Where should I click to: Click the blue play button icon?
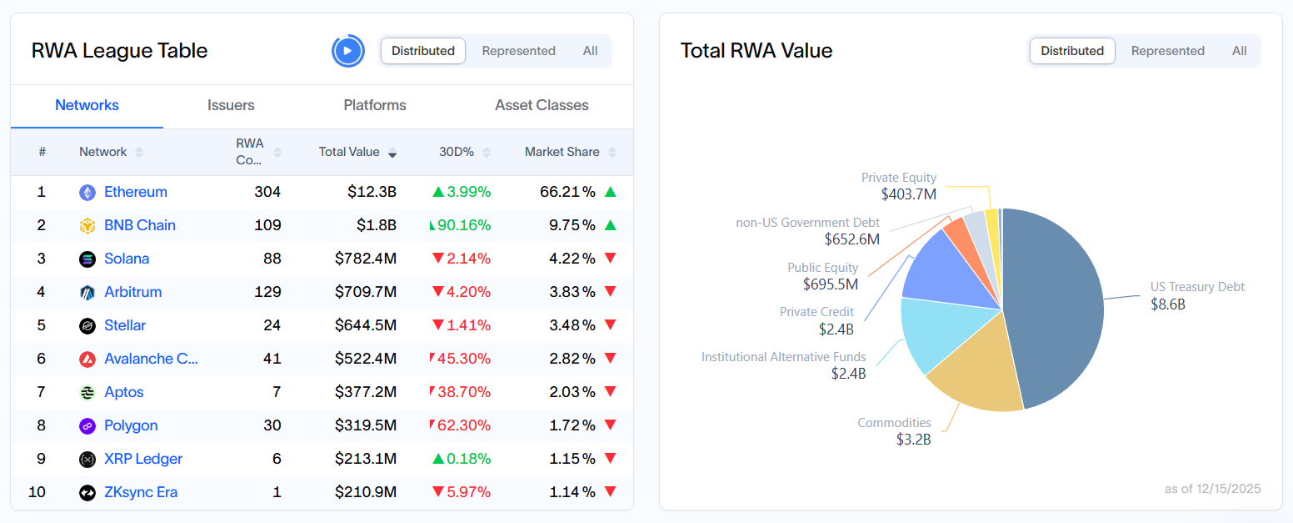348,51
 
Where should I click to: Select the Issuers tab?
231,105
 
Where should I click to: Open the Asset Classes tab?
542,105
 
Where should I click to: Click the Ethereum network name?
136,192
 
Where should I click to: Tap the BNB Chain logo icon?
87,225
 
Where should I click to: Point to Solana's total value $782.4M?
366,259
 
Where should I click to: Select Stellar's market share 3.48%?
572,325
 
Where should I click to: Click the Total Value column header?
349,152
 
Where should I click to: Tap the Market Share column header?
562,152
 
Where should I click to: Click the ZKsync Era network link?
141,492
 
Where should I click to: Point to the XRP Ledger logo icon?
87,459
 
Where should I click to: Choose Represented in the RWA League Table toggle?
518,51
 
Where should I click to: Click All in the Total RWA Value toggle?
1240,51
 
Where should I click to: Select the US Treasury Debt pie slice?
1058,300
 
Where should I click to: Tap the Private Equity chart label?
898,178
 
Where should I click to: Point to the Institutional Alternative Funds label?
783,357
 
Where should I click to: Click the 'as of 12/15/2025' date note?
1212,489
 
